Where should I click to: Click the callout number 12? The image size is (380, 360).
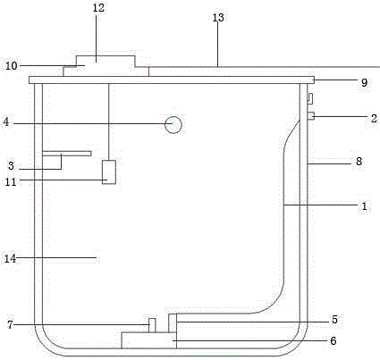click(x=98, y=8)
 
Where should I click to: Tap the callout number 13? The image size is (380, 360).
click(x=218, y=18)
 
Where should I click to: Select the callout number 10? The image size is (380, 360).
click(x=12, y=66)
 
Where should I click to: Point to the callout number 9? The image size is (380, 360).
click(x=364, y=82)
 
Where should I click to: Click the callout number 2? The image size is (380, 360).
click(x=374, y=119)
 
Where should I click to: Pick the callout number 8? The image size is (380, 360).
click(x=359, y=162)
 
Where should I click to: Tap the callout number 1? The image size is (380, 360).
click(x=364, y=206)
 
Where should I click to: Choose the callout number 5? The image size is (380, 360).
click(x=334, y=320)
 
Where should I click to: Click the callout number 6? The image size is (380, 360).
click(x=334, y=340)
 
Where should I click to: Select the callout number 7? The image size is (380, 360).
click(x=11, y=324)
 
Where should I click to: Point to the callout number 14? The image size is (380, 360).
click(x=10, y=258)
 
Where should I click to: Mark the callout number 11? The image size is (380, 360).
click(x=11, y=181)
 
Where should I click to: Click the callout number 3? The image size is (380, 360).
click(x=11, y=165)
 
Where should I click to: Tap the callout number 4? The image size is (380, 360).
click(x=6, y=122)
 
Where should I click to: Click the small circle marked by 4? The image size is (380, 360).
click(x=173, y=125)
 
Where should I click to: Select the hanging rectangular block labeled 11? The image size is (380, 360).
click(x=109, y=172)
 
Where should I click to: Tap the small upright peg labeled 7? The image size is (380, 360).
click(x=152, y=325)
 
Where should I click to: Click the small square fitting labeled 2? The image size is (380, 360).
click(x=311, y=115)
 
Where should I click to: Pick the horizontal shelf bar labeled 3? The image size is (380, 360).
click(x=66, y=154)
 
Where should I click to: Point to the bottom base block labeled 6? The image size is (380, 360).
click(x=148, y=340)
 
